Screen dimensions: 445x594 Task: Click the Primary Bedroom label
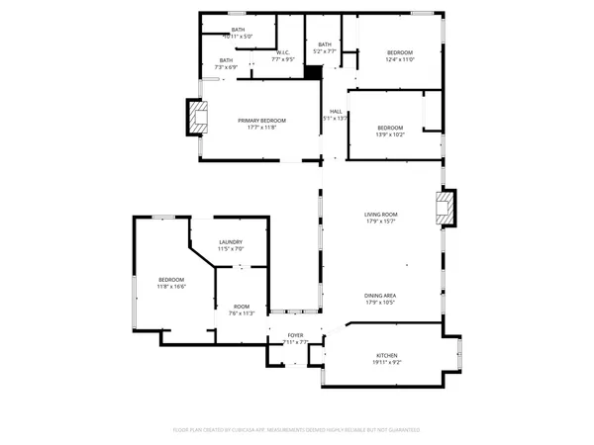[262, 120]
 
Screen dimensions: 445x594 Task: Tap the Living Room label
[380, 214]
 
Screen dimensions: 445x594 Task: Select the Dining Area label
[380, 296]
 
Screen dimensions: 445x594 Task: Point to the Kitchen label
[386, 355]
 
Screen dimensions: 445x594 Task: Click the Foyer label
[295, 335]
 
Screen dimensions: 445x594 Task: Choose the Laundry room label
[231, 242]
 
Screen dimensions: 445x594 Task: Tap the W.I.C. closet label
[282, 52]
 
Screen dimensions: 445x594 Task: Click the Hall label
[336, 111]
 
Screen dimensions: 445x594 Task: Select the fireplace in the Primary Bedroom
[199, 118]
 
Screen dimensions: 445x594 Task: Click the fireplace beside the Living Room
[445, 209]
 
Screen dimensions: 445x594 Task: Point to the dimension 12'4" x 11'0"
[399, 60]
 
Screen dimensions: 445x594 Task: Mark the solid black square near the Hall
[314, 71]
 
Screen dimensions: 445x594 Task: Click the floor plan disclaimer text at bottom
[296, 430]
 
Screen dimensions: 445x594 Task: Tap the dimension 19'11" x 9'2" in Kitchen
[386, 363]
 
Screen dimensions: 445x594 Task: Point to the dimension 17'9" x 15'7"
[380, 222]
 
